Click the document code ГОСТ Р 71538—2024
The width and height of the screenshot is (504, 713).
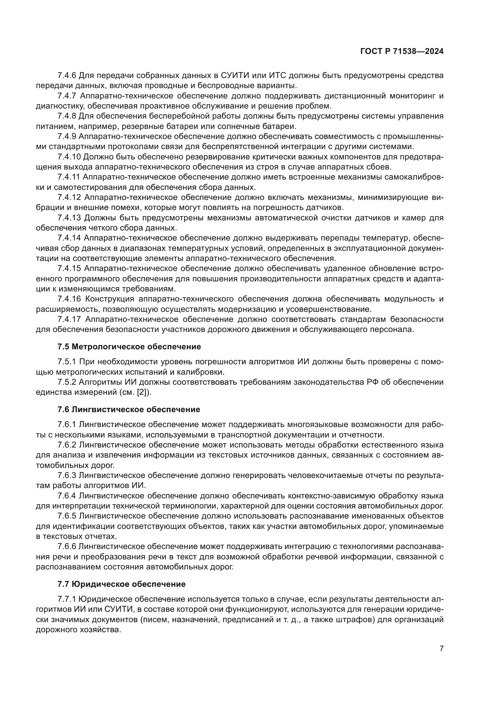click(402, 52)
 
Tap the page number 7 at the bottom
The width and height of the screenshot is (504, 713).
click(441, 648)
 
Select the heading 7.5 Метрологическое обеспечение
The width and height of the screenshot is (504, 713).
click(129, 347)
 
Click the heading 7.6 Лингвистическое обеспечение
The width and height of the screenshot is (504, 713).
click(129, 409)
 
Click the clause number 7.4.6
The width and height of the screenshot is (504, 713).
click(67, 76)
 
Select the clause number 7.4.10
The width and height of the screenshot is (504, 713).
click(69, 157)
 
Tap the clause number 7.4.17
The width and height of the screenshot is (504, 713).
click(69, 319)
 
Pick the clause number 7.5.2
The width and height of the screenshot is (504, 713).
click(67, 382)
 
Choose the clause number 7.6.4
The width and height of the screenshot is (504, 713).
click(67, 496)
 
